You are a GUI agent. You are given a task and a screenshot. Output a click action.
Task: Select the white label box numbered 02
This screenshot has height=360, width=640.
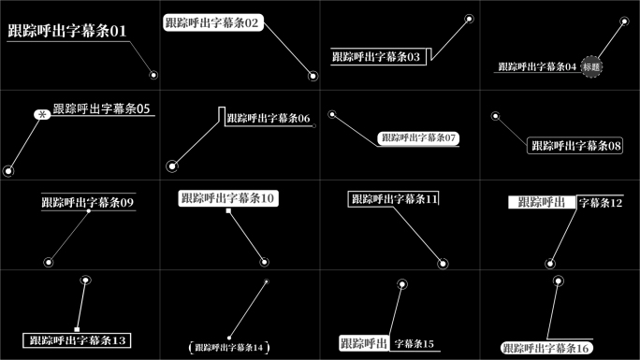[x=212, y=22]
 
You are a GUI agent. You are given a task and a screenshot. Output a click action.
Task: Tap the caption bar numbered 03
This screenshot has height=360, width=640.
[x=376, y=57]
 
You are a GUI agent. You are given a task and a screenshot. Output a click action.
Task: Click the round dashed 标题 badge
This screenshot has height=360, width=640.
[x=591, y=66]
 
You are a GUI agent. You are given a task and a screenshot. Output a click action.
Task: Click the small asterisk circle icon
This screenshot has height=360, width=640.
[x=41, y=114]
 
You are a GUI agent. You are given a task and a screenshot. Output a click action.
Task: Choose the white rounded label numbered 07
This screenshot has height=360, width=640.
[x=418, y=137]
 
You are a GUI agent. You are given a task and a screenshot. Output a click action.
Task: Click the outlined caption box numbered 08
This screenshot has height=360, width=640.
[x=575, y=146]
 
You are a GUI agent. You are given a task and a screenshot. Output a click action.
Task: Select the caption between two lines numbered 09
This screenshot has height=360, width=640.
[x=88, y=202]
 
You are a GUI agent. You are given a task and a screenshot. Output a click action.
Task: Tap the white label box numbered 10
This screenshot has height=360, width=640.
[x=228, y=198]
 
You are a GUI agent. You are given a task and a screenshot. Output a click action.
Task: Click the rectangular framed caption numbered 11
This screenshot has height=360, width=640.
[x=394, y=198]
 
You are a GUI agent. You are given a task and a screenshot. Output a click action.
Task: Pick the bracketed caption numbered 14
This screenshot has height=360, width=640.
[x=228, y=347]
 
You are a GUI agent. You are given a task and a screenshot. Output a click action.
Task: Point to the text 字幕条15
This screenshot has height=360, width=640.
[x=415, y=344]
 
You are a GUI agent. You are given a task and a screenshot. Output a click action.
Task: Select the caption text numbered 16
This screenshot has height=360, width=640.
[x=546, y=347]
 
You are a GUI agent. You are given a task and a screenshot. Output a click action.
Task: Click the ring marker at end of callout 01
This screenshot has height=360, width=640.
[x=153, y=75]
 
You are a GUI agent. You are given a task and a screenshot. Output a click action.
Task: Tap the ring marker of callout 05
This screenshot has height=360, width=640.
[x=8, y=170]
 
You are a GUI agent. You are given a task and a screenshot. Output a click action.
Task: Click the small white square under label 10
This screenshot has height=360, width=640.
[x=228, y=211]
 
